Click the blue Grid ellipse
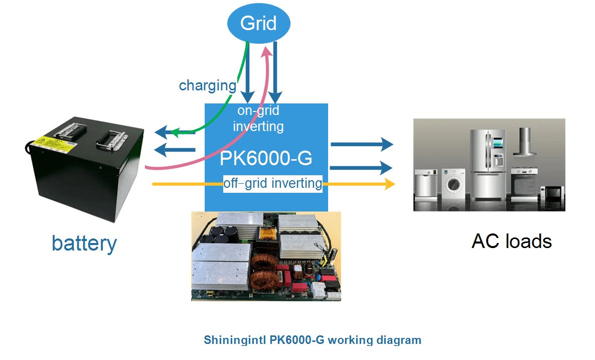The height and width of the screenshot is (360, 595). tap(259, 24)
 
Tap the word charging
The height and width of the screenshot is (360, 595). tap(207, 85)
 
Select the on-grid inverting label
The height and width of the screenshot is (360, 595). tap(258, 118)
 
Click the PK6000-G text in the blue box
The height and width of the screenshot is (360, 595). tap(266, 159)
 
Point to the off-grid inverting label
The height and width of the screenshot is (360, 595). tap(272, 183)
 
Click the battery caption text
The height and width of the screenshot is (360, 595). tap(84, 244)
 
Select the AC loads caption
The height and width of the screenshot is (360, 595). tap(511, 242)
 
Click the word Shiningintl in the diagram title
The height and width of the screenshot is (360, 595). tap(234, 340)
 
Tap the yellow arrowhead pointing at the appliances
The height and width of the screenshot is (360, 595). tap(390, 184)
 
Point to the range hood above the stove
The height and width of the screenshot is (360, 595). tap(524, 146)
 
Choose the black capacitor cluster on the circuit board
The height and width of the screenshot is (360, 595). tap(224, 233)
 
